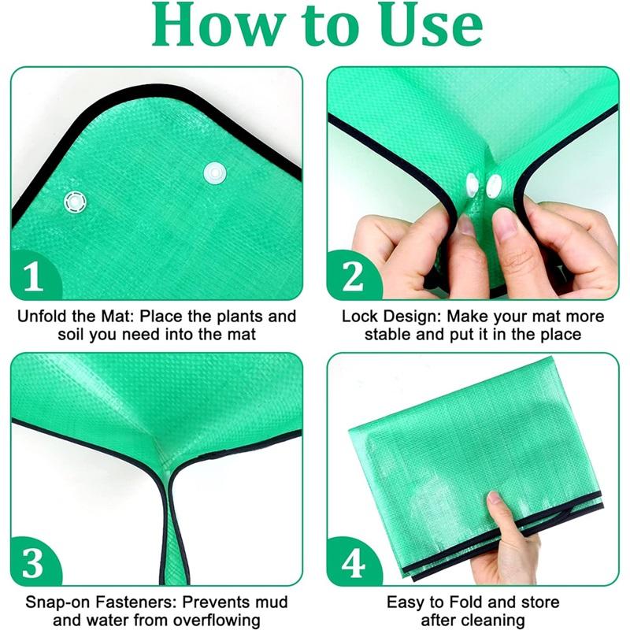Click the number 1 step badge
[x=34, y=277]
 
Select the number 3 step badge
[x=34, y=563]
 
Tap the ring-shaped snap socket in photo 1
[x=76, y=201]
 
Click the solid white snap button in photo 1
[x=213, y=173]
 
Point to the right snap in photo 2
[x=495, y=186]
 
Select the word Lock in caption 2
[x=359, y=317]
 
